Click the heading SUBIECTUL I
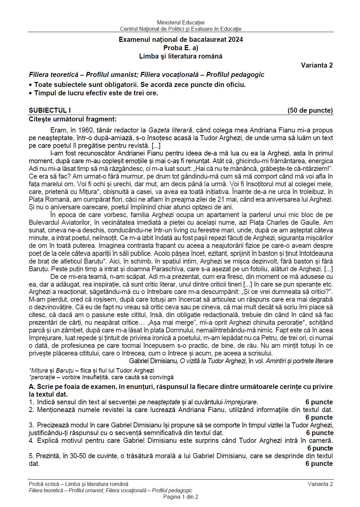50,110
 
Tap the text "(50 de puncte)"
310,110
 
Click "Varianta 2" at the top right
317,65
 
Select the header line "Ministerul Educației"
181,23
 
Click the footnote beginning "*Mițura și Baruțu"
91,371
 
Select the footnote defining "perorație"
101,377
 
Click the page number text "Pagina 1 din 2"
181,497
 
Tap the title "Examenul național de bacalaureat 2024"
181,39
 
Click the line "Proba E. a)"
181,48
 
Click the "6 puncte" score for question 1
319,402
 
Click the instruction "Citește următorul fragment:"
73,119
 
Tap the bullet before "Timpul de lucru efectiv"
31,93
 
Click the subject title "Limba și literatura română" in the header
181,56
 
